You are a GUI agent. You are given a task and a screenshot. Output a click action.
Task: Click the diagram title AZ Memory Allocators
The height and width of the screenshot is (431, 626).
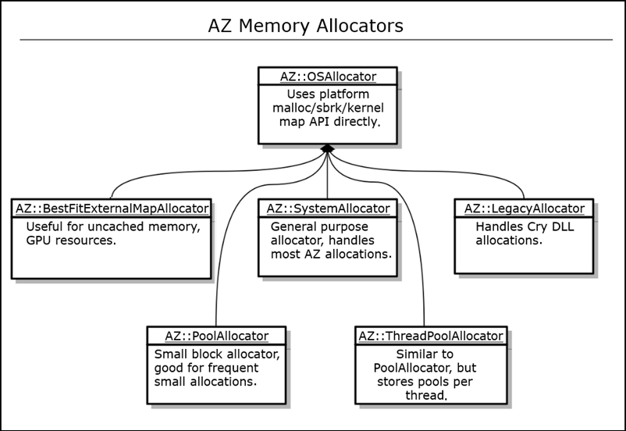click(305, 26)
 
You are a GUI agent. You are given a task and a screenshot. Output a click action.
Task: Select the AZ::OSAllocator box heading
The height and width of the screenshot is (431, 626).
click(328, 76)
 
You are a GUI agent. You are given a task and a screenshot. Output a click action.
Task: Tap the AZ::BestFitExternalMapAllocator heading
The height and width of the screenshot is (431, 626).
click(112, 208)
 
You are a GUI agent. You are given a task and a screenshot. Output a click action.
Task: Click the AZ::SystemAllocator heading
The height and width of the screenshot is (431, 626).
click(328, 208)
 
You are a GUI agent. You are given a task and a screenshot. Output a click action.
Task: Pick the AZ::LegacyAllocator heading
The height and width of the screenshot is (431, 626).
click(524, 208)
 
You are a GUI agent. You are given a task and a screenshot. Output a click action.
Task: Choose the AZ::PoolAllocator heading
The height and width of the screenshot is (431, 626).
click(216, 336)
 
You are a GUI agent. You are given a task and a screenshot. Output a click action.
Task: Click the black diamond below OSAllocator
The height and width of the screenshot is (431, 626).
click(328, 148)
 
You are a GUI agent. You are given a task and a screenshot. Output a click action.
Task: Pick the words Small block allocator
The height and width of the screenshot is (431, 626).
click(215, 354)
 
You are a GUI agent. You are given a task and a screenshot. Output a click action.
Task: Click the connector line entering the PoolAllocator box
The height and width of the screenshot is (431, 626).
click(216, 312)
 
